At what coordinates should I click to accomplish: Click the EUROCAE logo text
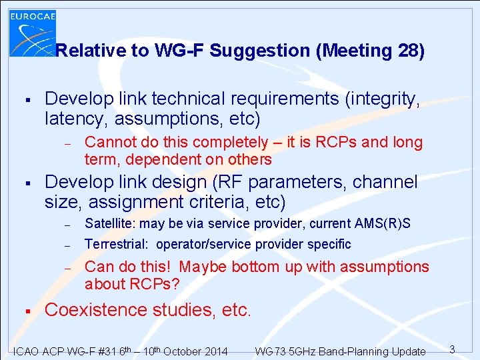coord(33,15)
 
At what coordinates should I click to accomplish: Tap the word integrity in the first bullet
coord(382,99)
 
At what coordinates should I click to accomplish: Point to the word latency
coord(77,119)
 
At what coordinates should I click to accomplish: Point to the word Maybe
coord(203,267)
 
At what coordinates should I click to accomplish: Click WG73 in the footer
coord(270,351)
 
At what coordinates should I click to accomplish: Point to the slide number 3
coord(451,349)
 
